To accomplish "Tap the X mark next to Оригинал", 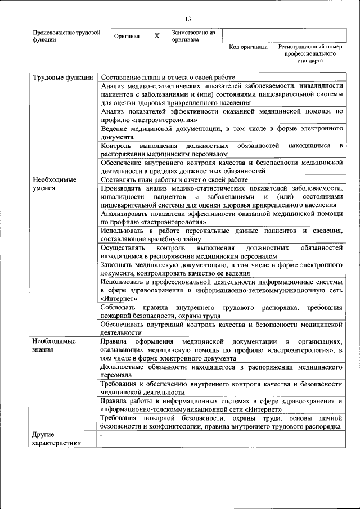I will coord(157,35).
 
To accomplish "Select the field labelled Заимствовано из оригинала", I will coord(193,36).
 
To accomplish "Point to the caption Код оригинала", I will coord(248,47).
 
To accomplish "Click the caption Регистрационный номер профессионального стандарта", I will coord(310,53).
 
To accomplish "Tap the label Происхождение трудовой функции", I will coord(66,36).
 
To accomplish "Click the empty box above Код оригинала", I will coord(248,35).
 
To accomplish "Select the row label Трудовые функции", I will coord(62,77).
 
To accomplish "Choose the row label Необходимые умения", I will coord(54,184).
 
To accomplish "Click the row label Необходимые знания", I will coord(54,345).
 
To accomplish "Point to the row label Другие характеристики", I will coord(56,439).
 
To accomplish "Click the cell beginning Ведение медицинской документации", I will coord(222,133).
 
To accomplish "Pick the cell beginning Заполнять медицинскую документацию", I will coord(222,268).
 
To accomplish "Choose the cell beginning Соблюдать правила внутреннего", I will coord(222,312).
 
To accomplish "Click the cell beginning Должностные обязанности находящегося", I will coord(222,371).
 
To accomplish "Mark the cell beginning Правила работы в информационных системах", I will coord(222,405).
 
